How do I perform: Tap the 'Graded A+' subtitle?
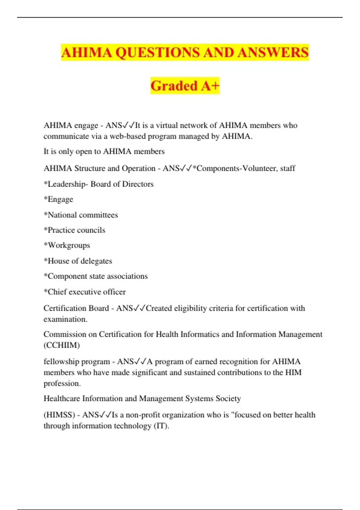coord(185,86)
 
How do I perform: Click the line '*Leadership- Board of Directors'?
coord(98,184)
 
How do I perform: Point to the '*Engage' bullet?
coord(58,199)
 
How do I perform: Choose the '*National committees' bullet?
coord(81,215)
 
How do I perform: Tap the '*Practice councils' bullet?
coord(74,230)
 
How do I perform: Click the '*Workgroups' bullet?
coord(67,245)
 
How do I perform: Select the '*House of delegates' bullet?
coord(78,261)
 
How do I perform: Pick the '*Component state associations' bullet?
coord(95,276)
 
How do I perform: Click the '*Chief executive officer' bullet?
coord(85,292)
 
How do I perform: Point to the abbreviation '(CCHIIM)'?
coord(61,345)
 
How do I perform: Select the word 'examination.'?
coord(65,319)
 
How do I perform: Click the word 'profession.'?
coord(62,383)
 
